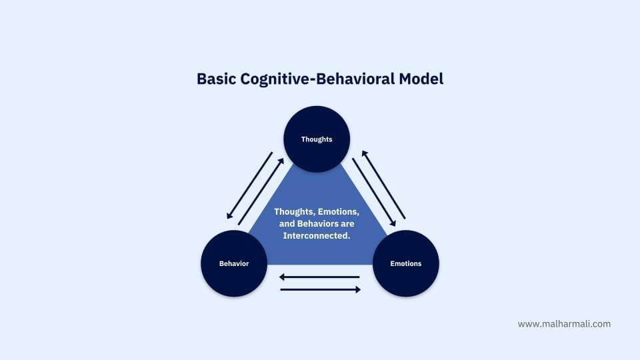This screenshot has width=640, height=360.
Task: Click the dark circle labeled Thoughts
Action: [317, 139]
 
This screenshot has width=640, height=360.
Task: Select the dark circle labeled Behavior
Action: [234, 263]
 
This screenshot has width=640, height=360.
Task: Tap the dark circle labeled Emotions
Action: [406, 263]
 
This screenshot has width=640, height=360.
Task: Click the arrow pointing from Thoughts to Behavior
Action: [249, 185]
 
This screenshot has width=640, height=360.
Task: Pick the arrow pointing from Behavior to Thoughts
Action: [261, 191]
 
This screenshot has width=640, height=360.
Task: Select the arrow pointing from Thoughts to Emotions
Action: [374, 192]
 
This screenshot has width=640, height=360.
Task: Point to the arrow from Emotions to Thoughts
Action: [384, 185]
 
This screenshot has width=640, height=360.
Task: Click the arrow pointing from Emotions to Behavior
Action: [319, 277]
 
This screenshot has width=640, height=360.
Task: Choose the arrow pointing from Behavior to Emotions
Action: [321, 290]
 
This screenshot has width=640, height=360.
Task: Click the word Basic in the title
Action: [216, 79]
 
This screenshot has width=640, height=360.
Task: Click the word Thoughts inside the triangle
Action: [294, 212]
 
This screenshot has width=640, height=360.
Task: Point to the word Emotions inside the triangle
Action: [339, 212]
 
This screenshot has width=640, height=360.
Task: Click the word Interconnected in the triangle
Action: [315, 235]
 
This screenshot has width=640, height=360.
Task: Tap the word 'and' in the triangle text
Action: [287, 224]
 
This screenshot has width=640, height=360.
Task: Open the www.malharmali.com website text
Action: [564, 324]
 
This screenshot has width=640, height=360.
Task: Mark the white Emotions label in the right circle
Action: [406, 264]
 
